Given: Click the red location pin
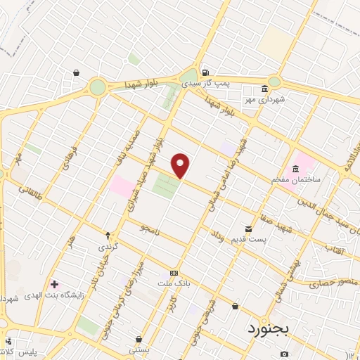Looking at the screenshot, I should click(x=181, y=165).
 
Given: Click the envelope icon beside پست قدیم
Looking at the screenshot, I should click(x=248, y=229).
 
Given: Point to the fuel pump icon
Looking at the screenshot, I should click(x=205, y=72).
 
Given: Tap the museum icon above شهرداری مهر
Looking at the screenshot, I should click(x=264, y=89).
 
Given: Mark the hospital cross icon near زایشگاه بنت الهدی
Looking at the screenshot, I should click(x=54, y=284).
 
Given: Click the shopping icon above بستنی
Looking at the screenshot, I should click(x=139, y=338).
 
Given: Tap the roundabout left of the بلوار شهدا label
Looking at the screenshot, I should click(x=97, y=87).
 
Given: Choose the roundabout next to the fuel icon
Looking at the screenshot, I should click(x=188, y=75).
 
